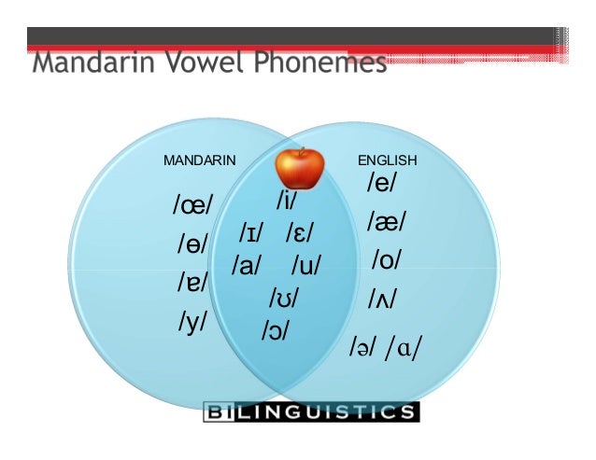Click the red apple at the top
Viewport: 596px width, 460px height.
(x=299, y=167)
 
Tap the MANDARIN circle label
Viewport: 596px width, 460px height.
(x=199, y=160)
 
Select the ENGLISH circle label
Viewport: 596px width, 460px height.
(x=388, y=160)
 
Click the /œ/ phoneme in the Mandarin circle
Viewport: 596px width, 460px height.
(x=193, y=205)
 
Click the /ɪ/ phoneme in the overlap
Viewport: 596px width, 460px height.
(x=250, y=232)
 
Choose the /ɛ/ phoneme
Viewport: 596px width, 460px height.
(x=300, y=232)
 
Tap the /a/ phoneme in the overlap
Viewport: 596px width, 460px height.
(x=247, y=266)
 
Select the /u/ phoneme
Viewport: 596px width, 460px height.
(x=305, y=266)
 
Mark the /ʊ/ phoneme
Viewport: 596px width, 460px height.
(x=283, y=299)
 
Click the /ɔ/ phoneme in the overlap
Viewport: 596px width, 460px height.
(x=276, y=329)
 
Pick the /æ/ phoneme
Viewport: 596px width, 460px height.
(x=386, y=222)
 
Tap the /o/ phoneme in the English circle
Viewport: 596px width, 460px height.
(x=386, y=259)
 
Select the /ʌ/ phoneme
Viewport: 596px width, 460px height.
(x=383, y=299)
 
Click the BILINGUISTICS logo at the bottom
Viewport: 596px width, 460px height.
(x=311, y=411)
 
